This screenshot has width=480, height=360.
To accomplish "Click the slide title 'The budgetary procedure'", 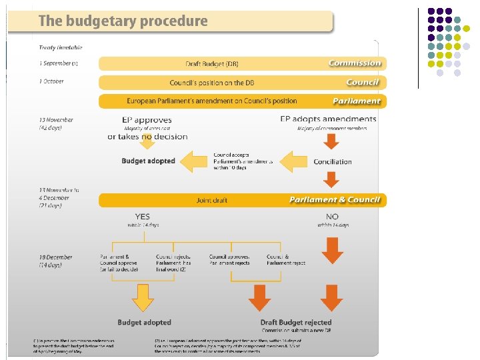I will [x=123, y=21].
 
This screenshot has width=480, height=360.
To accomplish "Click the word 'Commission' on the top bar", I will [x=355, y=63].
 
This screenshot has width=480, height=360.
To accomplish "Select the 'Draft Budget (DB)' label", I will [x=211, y=64].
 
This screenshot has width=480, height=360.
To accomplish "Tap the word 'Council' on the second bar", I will [x=363, y=83].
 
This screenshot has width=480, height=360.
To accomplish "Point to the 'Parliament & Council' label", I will [x=335, y=200].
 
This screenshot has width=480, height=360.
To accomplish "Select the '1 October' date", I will [x=51, y=82].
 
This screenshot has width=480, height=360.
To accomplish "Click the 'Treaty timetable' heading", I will [x=61, y=48].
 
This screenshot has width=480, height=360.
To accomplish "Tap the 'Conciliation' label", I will [x=332, y=161].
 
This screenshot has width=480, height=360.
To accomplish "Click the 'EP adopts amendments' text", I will [x=328, y=119].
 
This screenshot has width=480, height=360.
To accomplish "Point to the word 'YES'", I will [x=143, y=217].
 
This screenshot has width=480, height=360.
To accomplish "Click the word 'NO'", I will [x=332, y=217].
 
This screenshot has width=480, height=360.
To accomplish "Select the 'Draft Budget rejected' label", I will [x=296, y=323].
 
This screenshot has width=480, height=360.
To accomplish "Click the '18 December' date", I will [x=56, y=257].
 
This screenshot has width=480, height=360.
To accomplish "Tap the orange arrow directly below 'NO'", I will [x=332, y=248].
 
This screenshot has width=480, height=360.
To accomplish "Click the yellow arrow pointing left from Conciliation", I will [x=293, y=161].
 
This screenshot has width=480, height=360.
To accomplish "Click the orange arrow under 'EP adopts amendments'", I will [x=331, y=141].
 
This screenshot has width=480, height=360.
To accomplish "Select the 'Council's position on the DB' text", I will [x=211, y=83].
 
